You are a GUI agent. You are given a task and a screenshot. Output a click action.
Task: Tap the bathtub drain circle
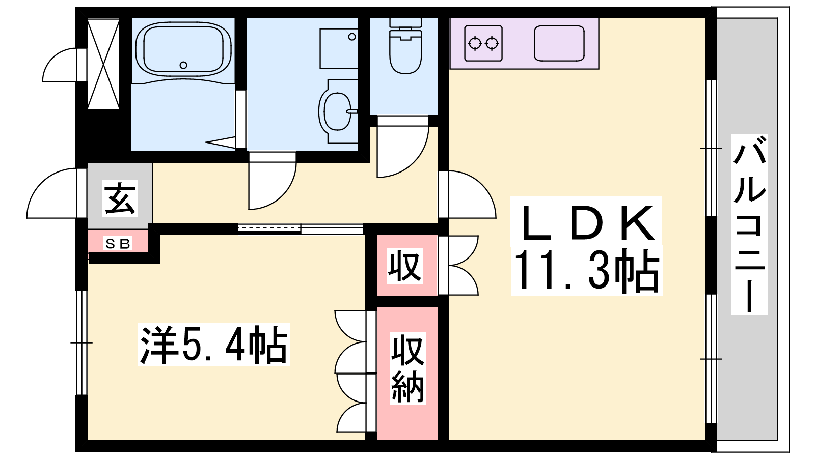tap(183, 66)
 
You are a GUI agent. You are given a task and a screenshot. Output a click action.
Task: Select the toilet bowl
tap(405, 51)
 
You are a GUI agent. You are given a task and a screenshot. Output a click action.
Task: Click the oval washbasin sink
tap(338, 111)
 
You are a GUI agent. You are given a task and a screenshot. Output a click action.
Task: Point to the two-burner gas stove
tap(483, 43)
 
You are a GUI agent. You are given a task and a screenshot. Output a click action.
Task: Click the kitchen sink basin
tap(559, 43)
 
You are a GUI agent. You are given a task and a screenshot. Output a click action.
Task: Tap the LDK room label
tap(585, 222)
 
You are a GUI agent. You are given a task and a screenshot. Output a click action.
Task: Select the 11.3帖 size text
tap(586, 271)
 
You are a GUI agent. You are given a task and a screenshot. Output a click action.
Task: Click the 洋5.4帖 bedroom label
tap(214, 344)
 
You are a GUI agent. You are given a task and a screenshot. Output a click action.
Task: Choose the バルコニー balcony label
tap(749, 224)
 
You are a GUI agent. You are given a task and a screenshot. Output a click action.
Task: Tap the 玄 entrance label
tap(120, 199)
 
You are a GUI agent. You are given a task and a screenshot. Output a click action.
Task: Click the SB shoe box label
tap(118, 244)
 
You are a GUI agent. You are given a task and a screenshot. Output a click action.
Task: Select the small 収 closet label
tap(405, 266)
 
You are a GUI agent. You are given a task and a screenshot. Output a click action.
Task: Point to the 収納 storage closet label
tap(407, 368)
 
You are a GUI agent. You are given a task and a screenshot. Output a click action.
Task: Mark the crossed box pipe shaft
tap(104, 64)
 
